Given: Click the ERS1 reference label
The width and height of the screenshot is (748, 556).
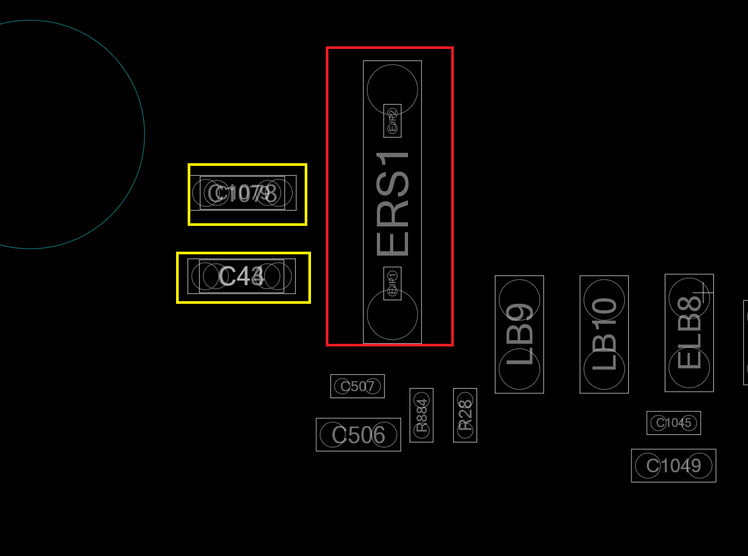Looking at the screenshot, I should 393,204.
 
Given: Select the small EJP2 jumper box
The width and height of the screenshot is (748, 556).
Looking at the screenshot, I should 392,121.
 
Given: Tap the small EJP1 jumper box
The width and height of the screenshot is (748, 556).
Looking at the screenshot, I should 392,283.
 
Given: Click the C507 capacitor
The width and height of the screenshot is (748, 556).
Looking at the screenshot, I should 357,386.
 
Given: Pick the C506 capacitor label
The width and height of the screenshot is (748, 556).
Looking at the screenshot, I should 358,435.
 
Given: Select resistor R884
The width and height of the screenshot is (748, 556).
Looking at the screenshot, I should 422,415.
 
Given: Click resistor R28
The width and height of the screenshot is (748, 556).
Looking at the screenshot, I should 465,415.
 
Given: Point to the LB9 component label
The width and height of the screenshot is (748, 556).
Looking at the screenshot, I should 519,334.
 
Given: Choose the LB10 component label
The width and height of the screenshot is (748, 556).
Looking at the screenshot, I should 604,334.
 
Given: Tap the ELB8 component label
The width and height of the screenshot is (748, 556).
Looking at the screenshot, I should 689,333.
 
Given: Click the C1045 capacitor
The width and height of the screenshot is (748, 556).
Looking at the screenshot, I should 674,423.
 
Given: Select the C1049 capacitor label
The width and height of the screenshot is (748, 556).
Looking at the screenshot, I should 674,465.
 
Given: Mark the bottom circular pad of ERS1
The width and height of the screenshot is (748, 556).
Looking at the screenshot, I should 392,315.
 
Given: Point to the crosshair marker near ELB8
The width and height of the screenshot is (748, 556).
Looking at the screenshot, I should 703,293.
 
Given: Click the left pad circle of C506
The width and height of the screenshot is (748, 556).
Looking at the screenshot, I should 333,435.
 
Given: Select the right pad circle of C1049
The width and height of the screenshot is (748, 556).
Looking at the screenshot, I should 700,466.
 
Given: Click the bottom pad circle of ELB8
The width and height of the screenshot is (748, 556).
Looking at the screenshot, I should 689,368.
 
